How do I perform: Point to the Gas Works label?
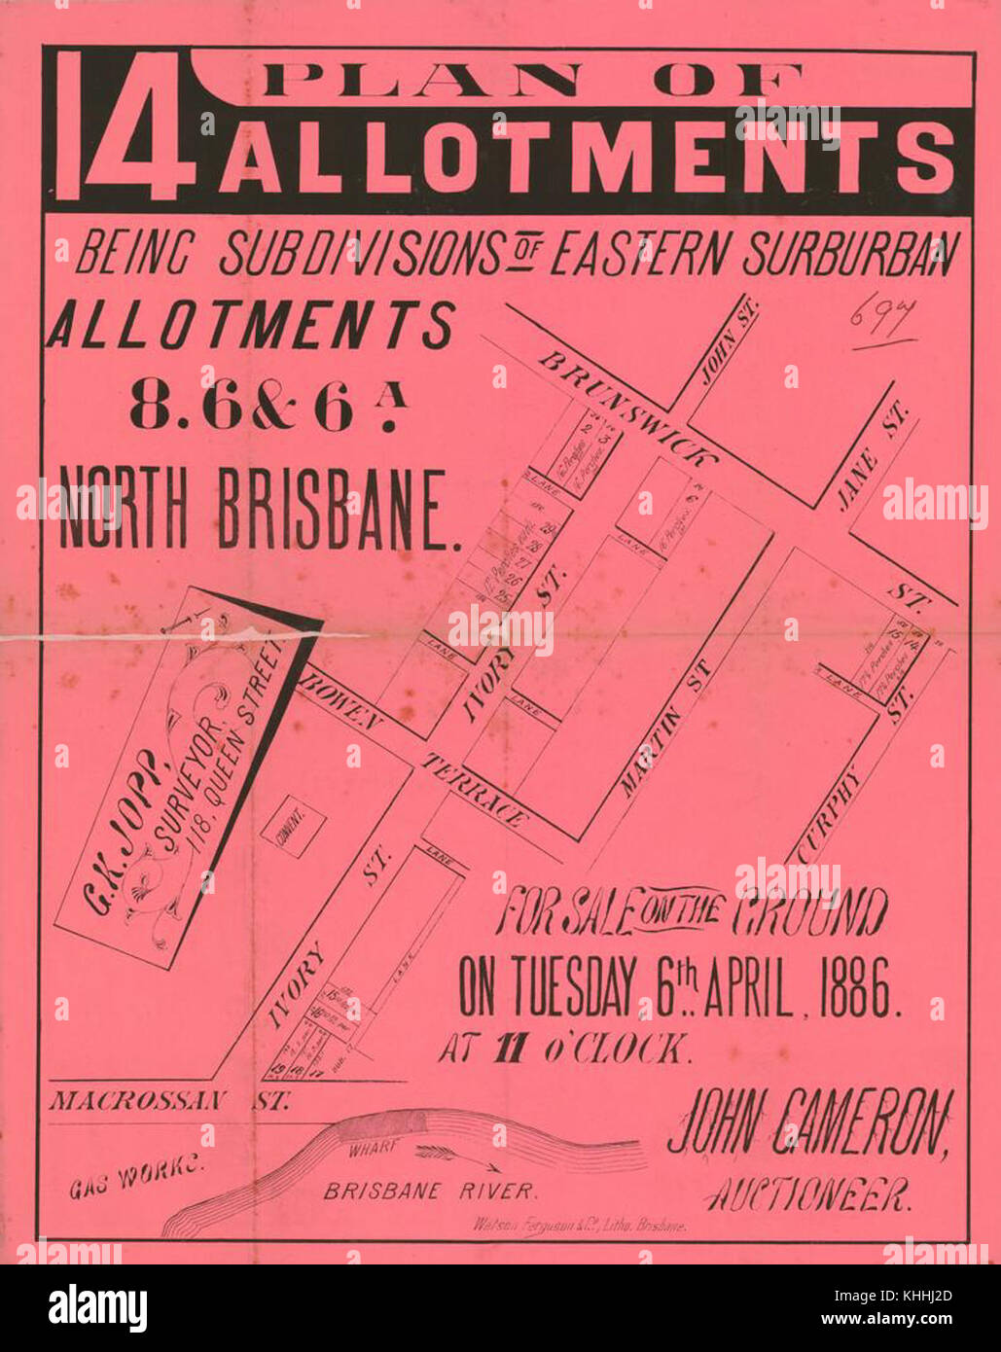tap(134, 1180)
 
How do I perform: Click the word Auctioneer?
tap(808, 1193)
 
